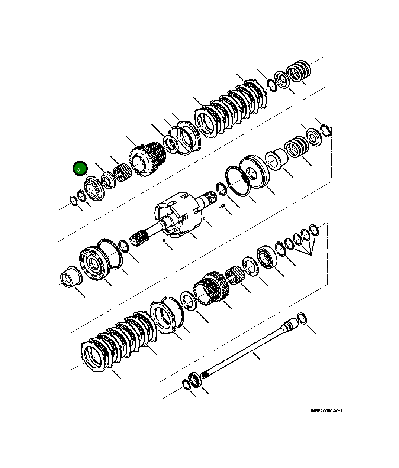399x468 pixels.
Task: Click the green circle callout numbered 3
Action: [x=79, y=169]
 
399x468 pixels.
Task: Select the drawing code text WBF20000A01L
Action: [x=327, y=411]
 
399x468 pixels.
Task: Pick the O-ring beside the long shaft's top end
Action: [x=302, y=319]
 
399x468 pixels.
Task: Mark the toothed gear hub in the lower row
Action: [x=209, y=291]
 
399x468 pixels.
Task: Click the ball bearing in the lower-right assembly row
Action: [x=267, y=256]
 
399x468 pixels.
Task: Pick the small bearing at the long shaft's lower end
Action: [x=194, y=381]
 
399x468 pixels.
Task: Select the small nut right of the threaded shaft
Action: [x=222, y=206]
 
